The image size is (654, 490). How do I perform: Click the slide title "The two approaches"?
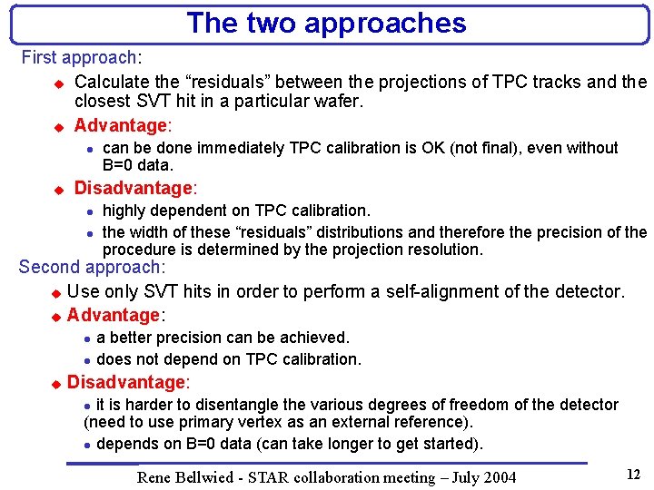tap(326, 23)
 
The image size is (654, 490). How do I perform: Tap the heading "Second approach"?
tap(91, 268)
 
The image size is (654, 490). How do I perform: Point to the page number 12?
tap(633, 474)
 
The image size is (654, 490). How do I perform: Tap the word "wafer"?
tap(338, 102)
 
